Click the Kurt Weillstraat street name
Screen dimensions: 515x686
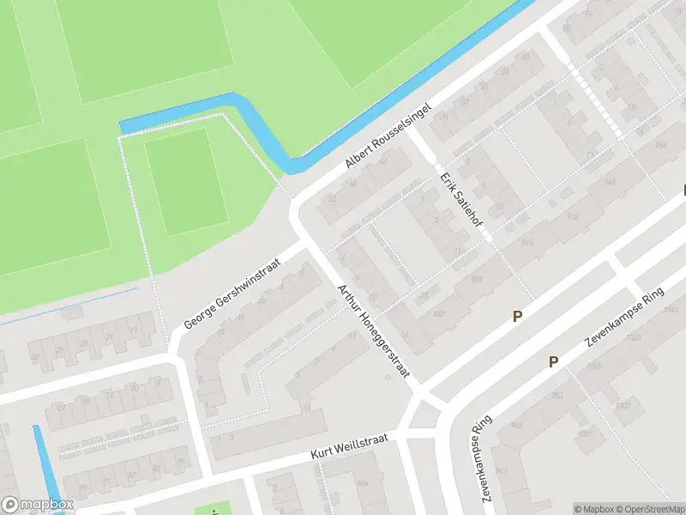click(x=350, y=446)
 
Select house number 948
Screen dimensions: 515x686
click(x=610, y=182)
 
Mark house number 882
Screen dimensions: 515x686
click(x=439, y=315)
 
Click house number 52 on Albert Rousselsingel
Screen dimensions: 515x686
click(x=331, y=200)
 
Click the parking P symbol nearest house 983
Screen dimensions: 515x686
click(x=554, y=362)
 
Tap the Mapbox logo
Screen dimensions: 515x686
click(x=39, y=505)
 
